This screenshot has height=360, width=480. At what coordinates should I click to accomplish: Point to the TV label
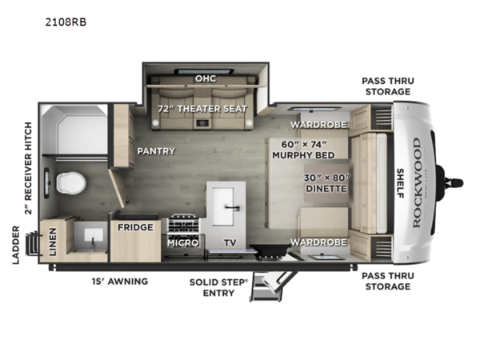click(x=230, y=242)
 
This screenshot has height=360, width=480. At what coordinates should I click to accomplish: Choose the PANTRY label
click(x=156, y=150)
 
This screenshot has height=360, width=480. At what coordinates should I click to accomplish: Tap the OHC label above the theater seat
click(x=204, y=78)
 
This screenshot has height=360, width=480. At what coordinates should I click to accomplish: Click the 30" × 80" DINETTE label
click(x=325, y=183)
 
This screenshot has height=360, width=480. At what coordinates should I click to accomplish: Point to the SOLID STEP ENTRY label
click(x=212, y=287)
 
